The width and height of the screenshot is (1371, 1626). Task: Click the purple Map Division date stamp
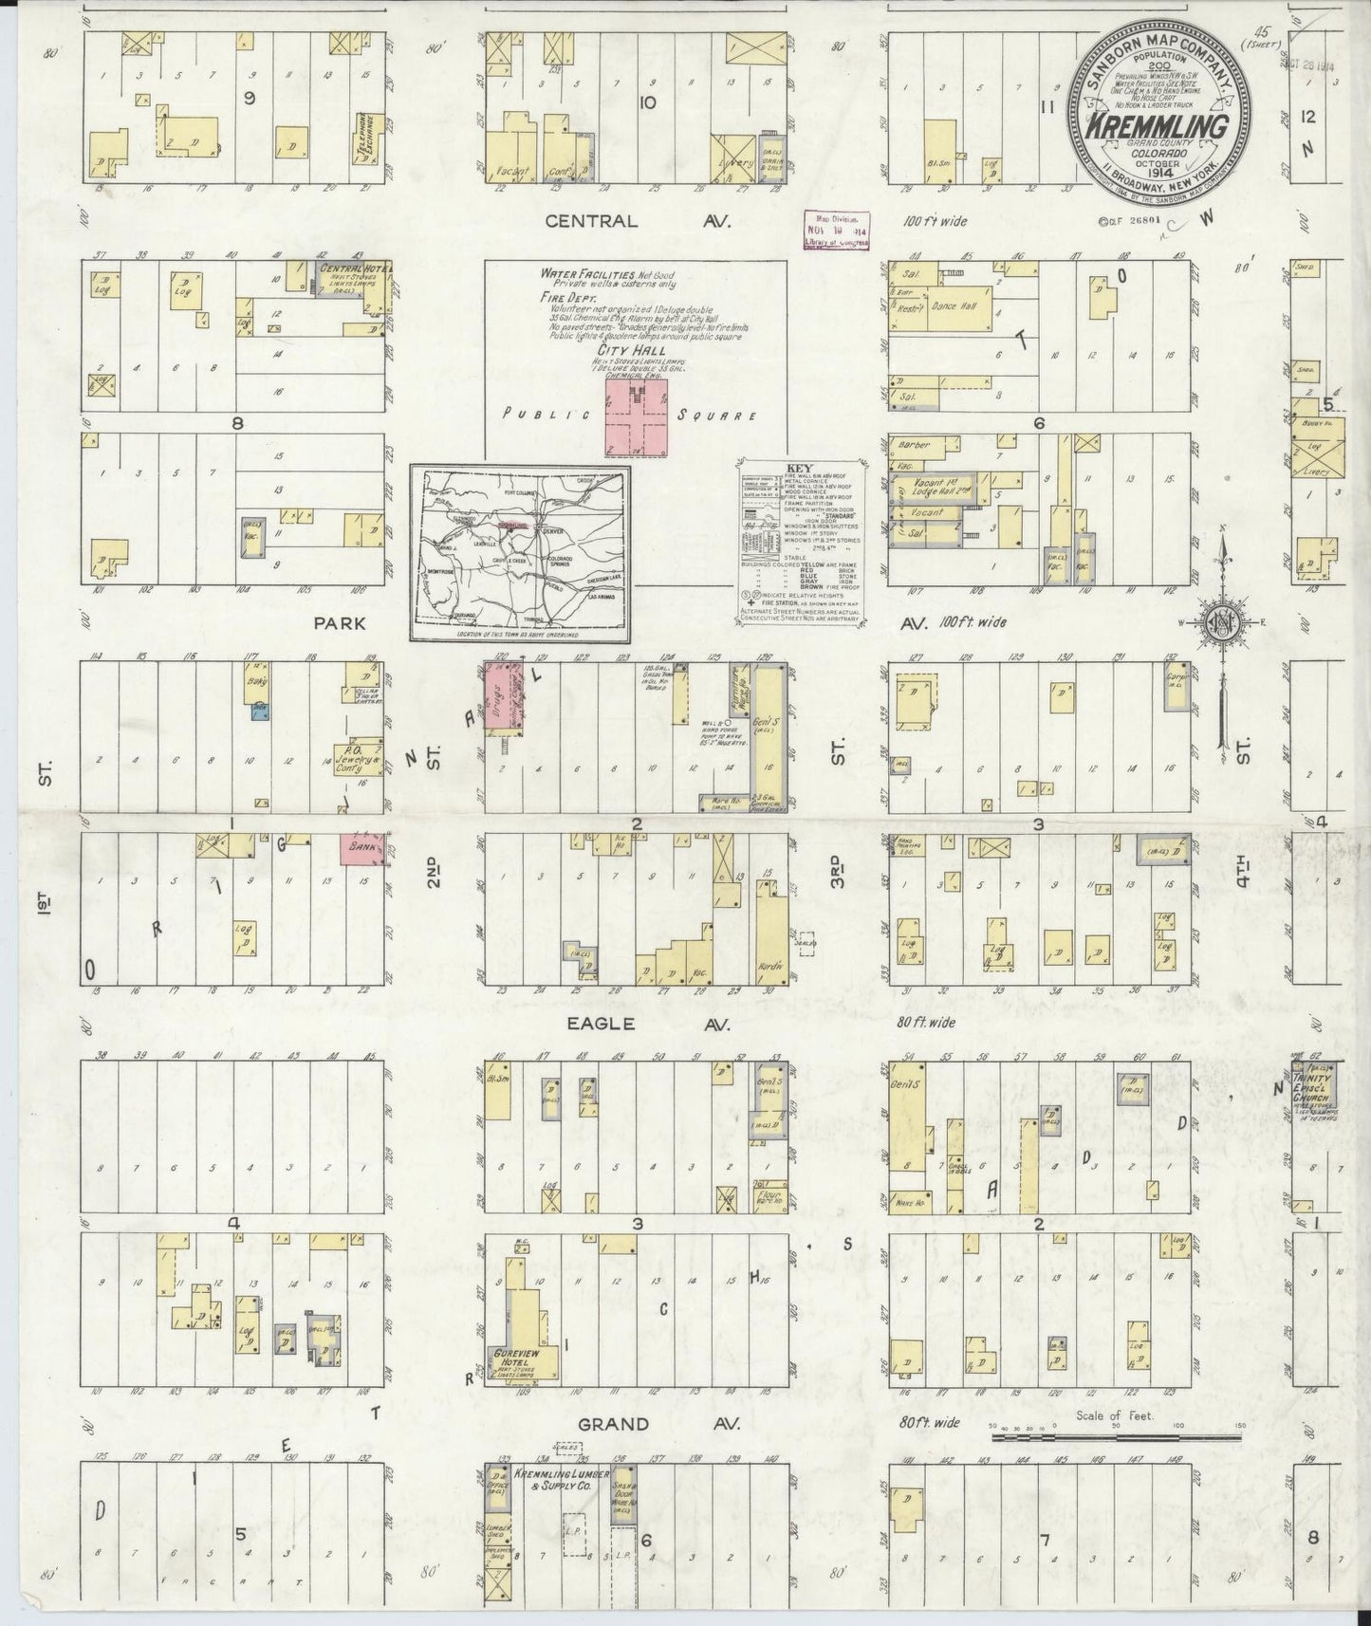pyautogui.click(x=834, y=228)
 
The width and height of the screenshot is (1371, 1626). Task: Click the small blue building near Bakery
pyautogui.click(x=258, y=711)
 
